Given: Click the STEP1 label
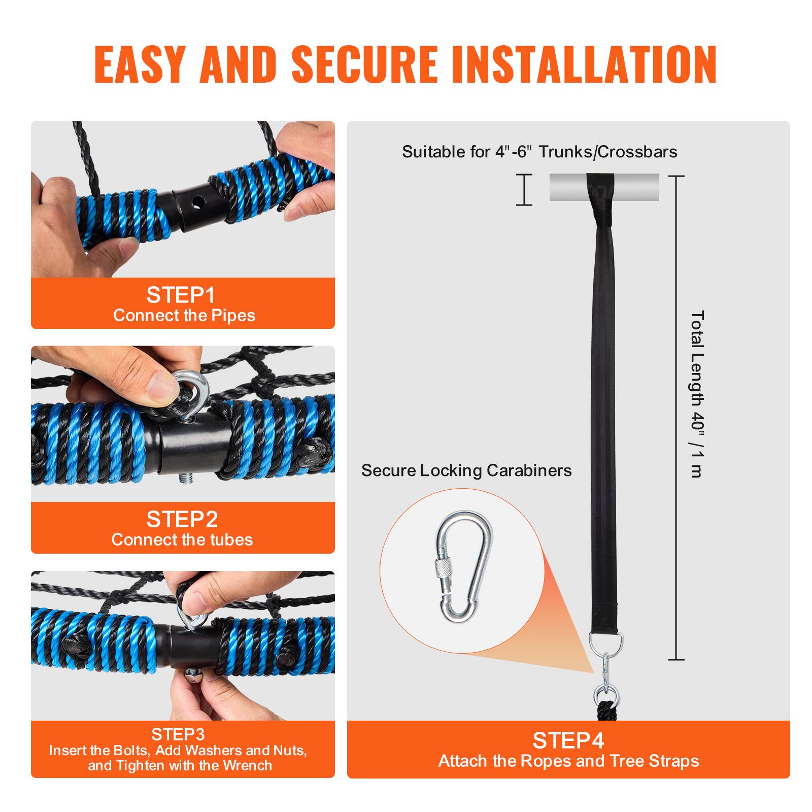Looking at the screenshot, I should click(x=181, y=295).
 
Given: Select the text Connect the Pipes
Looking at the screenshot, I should click(x=184, y=316).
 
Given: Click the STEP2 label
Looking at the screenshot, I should click(x=182, y=519).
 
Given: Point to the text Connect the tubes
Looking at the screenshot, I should click(x=182, y=539).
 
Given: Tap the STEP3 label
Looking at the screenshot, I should click(x=178, y=734).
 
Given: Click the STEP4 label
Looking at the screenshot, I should click(x=568, y=741).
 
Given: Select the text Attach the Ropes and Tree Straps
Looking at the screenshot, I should click(x=568, y=761).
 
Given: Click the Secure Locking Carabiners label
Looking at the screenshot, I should click(x=466, y=470).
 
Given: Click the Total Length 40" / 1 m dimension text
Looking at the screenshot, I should click(x=697, y=394).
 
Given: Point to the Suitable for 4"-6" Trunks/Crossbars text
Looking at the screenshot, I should click(x=539, y=152).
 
